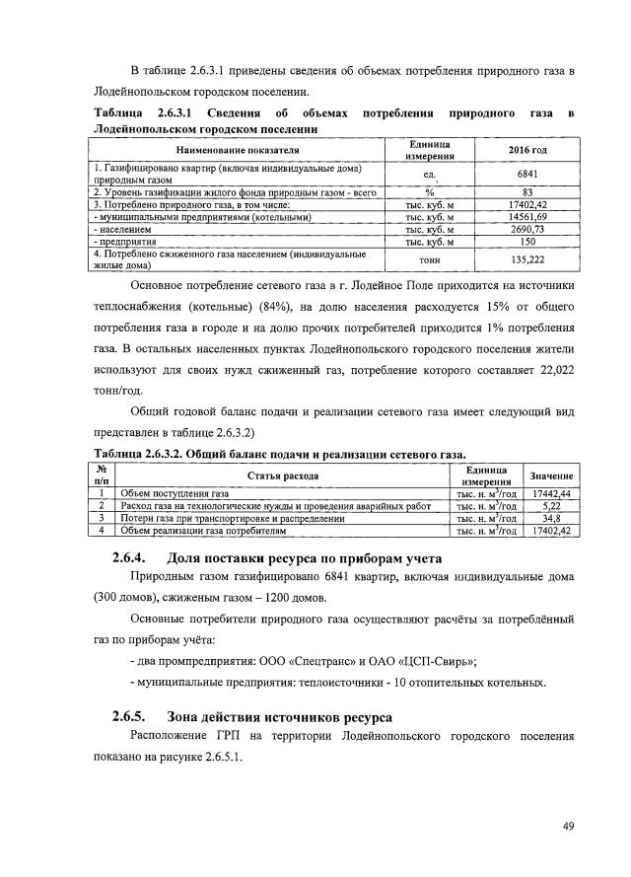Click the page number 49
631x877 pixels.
[x=568, y=827]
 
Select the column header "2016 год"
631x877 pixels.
[x=526, y=149]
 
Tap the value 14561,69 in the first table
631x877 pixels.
[x=526, y=216]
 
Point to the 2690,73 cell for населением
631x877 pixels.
[x=526, y=228]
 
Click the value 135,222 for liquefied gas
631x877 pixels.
[x=526, y=258]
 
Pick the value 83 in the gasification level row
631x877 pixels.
[x=526, y=192]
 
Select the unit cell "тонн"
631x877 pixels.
[x=430, y=258]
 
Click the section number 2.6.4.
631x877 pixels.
[x=129, y=559]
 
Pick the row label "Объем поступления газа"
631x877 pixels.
[x=174, y=492]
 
